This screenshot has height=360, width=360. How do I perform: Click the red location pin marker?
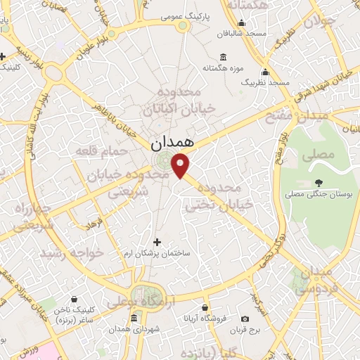point(181,166)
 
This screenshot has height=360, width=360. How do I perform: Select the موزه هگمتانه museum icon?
point(223,57)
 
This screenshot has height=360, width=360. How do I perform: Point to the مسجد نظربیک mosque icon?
point(265,72)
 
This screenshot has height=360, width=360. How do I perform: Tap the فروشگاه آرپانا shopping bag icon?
point(204,307)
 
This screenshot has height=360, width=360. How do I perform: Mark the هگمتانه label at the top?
point(242,8)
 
